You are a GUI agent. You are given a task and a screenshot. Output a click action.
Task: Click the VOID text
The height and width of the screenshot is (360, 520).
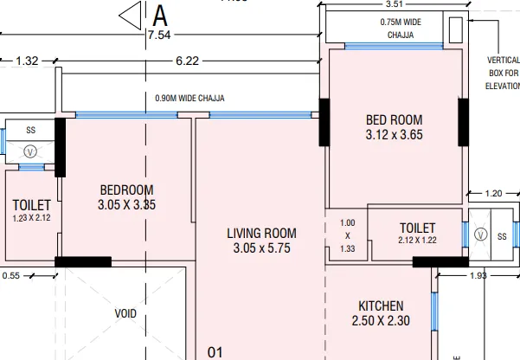[126, 313]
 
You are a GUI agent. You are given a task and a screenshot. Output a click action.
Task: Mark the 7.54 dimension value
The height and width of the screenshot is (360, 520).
[159, 35]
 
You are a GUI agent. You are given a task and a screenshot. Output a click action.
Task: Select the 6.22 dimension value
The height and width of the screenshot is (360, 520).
[186, 61]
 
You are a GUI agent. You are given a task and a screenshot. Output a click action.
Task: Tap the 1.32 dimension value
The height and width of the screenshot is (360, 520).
[28, 61]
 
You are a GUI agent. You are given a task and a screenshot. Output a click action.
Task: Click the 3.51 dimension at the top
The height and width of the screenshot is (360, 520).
[394, 3]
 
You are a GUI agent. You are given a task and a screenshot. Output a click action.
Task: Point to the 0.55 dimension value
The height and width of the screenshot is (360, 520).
[11, 275]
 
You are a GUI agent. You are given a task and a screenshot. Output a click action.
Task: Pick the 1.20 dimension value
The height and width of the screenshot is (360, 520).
[493, 193]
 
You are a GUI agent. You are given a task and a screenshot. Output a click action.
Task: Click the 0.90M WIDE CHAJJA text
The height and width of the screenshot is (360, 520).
[189, 98]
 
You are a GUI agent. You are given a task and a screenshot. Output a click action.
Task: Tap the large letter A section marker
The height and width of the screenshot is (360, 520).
[160, 15]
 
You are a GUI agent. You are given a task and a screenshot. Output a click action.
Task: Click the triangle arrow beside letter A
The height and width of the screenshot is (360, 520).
[130, 15]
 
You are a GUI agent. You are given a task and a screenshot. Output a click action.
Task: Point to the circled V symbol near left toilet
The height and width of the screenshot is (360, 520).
[30, 149]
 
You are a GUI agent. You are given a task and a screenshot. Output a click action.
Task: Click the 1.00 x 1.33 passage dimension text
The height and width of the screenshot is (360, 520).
[348, 235]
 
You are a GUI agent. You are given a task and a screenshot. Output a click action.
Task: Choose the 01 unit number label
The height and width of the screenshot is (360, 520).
[215, 352]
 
